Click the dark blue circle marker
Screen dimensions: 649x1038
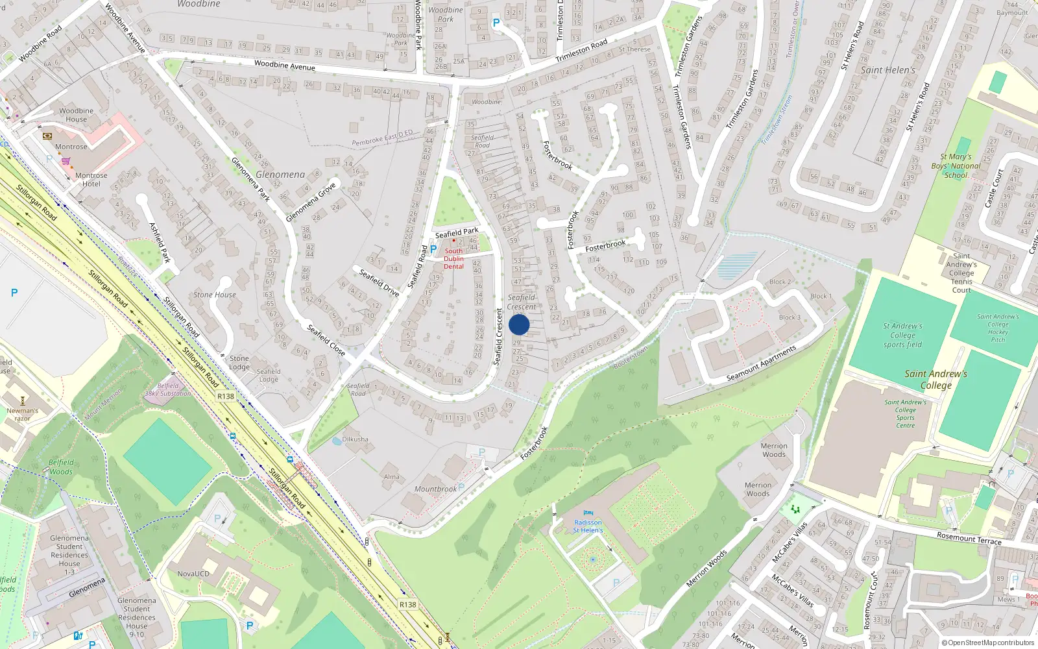[519, 324]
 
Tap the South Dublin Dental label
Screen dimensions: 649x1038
[453, 258]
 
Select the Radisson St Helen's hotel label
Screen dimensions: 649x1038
[588, 526]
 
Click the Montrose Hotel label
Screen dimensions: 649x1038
[91, 179]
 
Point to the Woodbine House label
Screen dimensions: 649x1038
[77, 115]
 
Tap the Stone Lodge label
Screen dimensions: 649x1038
[239, 362]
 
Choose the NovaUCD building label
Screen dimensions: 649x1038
[193, 574]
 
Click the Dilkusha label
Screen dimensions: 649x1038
[355, 439]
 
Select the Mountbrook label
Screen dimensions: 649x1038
[435, 489]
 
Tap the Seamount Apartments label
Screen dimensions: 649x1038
[761, 363]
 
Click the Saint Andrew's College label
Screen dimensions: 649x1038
[935, 379]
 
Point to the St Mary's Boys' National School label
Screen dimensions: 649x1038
[956, 165]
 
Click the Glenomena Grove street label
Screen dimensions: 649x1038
[311, 202]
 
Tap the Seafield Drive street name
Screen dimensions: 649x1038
[380, 282]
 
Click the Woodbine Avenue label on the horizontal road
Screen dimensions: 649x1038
[285, 65]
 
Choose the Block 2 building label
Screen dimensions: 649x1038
[780, 282]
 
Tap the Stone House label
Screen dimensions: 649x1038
[215, 295]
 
